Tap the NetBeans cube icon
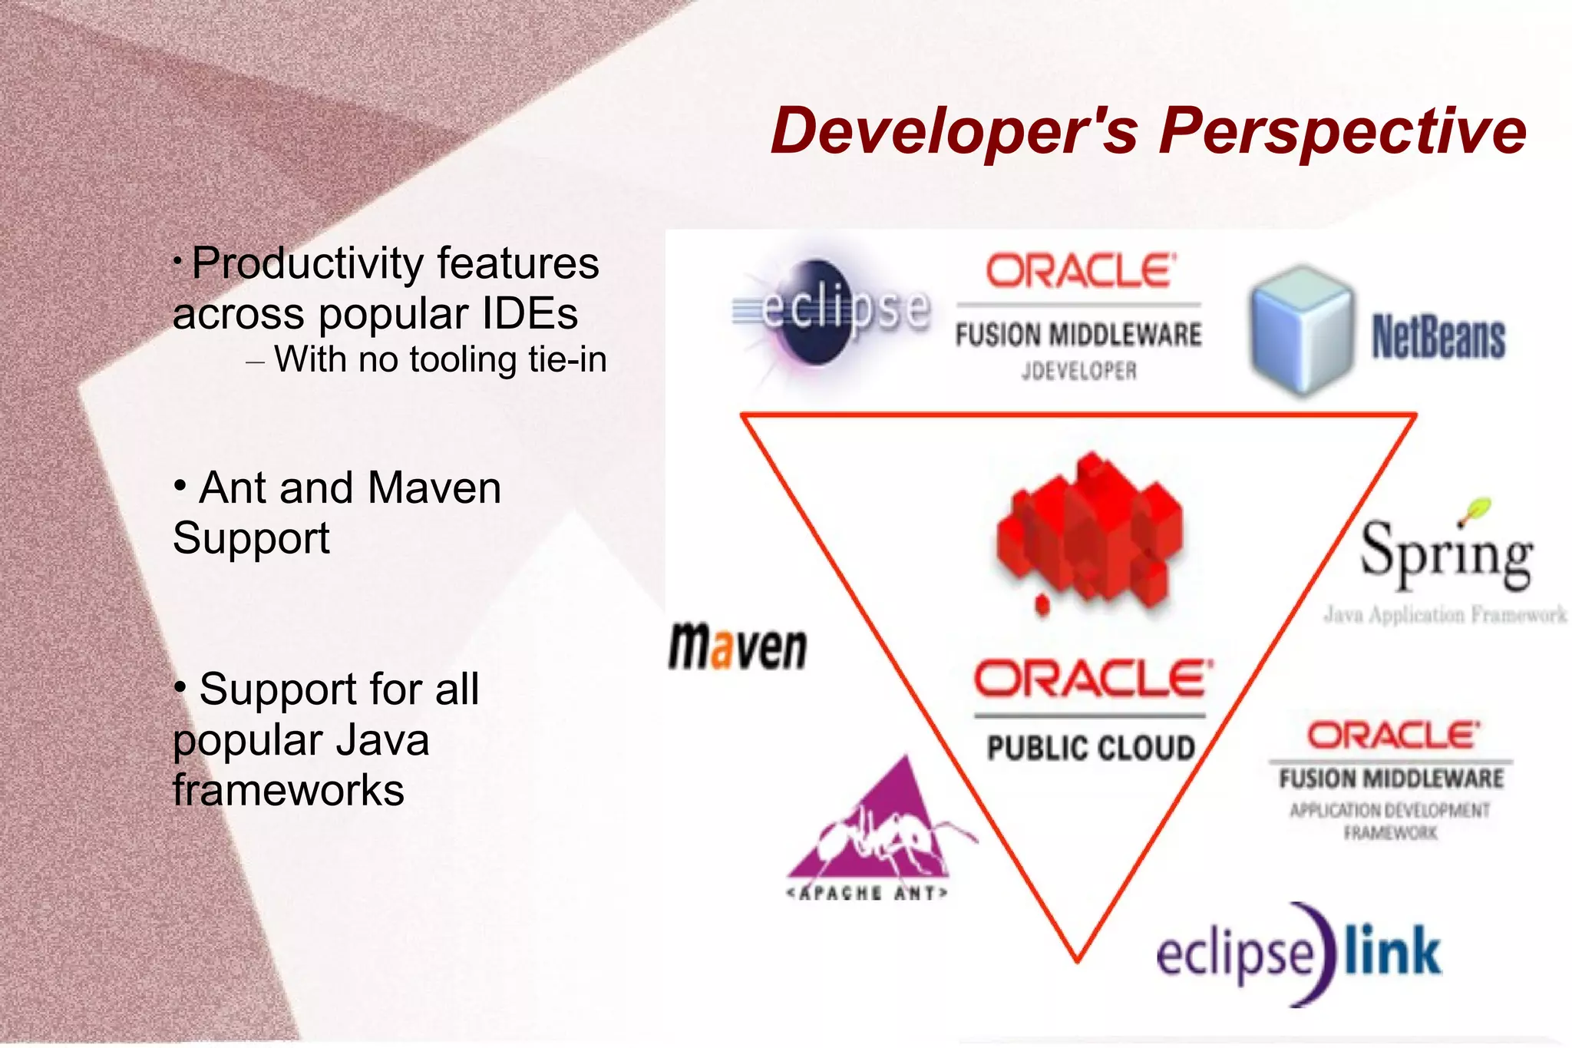pos(1301,330)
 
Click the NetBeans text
pos(1438,338)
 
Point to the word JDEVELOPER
pos(1078,372)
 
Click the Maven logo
pos(737,647)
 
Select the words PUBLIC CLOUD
pos(1090,748)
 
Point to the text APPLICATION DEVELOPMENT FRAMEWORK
pos(1389,821)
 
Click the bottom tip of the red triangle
pos(1077,958)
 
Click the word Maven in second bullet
pos(434,488)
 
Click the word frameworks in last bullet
pos(289,790)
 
